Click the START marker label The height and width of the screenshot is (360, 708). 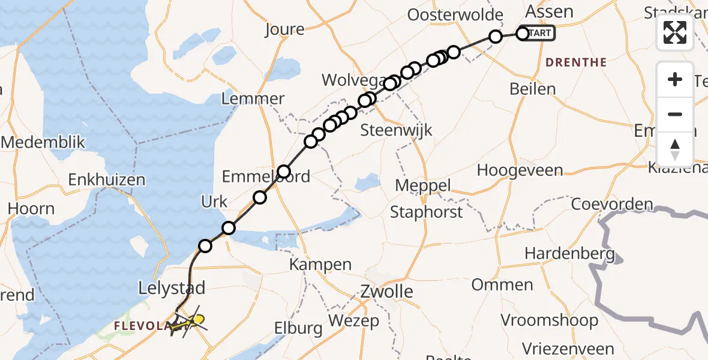(x=540, y=34)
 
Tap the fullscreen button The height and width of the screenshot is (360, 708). (x=675, y=32)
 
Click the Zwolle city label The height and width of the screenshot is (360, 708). (x=387, y=292)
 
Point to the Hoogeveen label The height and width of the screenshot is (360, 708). (x=520, y=170)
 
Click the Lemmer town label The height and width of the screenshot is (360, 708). (x=253, y=99)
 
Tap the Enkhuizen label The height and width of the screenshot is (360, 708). (x=107, y=179)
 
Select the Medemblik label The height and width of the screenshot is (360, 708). (x=43, y=143)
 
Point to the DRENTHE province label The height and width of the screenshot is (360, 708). (x=576, y=62)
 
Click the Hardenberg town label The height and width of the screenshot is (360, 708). (x=570, y=253)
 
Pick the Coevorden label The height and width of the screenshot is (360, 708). (x=612, y=204)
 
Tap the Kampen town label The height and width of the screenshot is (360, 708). (x=320, y=264)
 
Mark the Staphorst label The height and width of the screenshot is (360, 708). (x=427, y=212)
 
